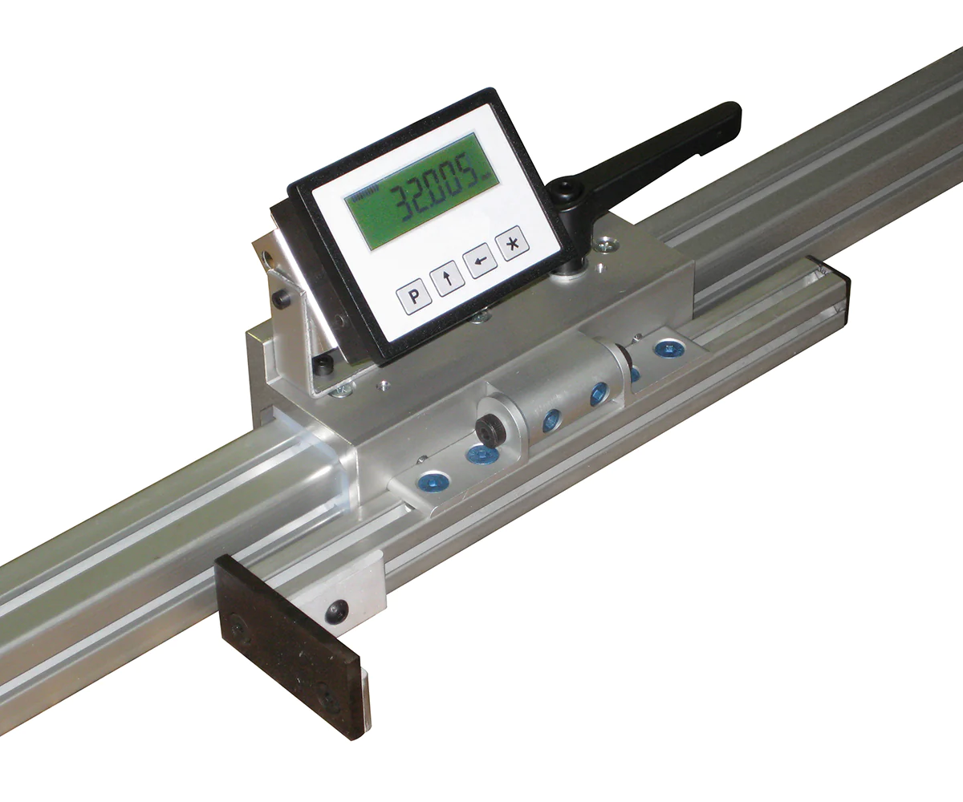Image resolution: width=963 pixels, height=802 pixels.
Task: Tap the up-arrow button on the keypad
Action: pos(447,279)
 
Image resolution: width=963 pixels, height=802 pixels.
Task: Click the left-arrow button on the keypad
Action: pos(480,261)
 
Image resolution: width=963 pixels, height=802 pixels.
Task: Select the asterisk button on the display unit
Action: pos(512,243)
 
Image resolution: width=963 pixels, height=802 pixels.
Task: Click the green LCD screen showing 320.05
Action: pos(421,191)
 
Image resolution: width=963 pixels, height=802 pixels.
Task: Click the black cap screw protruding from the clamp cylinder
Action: pos(489,430)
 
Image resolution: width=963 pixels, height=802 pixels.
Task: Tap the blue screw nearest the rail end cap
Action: pos(668,348)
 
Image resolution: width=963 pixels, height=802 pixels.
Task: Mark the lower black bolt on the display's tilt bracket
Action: pos(323,365)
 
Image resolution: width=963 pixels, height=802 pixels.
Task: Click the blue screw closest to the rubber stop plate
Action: pos(434,483)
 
